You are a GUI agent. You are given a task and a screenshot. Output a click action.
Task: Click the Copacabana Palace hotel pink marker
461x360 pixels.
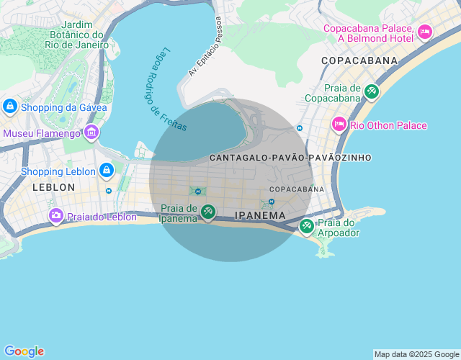[425, 31]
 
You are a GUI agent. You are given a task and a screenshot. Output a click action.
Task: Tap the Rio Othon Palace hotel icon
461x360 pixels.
[339, 125]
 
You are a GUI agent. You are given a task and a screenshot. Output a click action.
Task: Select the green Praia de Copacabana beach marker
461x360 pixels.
[371, 91]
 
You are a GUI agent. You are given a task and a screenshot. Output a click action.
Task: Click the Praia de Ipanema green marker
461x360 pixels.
[207, 212]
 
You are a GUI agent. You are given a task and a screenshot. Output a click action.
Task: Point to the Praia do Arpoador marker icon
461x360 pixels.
[307, 226]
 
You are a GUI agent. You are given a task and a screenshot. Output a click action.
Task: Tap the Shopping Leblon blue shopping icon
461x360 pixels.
[106, 171]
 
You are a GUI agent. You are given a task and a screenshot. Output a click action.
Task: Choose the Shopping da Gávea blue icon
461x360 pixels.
[9, 107]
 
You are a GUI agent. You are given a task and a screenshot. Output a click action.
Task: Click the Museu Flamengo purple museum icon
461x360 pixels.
[91, 132]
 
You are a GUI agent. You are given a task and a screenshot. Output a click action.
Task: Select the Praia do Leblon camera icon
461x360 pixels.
[56, 215]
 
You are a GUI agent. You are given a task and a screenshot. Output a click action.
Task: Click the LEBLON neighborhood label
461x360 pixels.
[53, 187]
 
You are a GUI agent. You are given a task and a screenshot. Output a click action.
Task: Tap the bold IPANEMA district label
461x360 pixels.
[260, 215]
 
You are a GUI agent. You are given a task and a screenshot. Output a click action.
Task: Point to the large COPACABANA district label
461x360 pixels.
[359, 60]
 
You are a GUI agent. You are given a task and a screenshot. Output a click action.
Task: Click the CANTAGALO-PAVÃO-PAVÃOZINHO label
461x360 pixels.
[290, 157]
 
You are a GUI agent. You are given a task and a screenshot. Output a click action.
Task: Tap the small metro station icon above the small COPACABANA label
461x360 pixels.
[271, 202]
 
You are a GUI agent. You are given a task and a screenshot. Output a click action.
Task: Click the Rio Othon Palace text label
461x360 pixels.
[389, 125]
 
